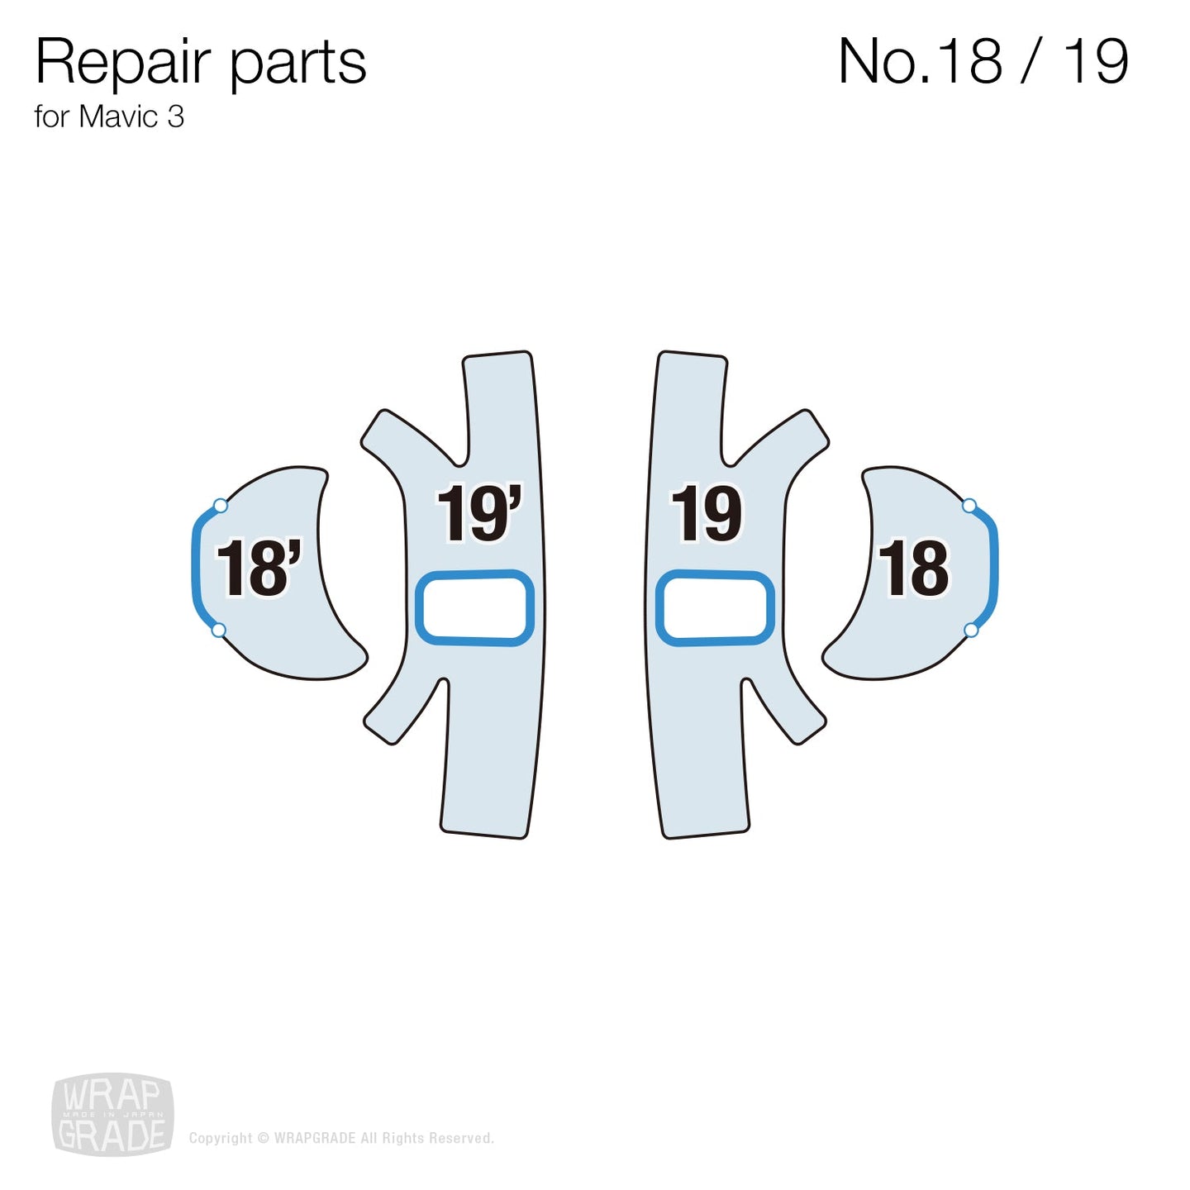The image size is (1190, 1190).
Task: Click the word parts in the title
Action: [x=297, y=64]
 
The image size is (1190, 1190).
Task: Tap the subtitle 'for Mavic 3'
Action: [x=108, y=117]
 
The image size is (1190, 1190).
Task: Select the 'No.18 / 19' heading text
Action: [x=983, y=61]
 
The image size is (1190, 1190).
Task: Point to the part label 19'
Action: [x=478, y=514]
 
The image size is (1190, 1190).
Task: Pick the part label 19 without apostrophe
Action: [x=706, y=514]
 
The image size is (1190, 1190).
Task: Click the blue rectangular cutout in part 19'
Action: [x=474, y=607]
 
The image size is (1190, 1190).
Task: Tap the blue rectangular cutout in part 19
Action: [x=715, y=607]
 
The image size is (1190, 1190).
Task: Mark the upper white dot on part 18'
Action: [x=220, y=506]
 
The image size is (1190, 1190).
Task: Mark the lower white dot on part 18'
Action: [x=219, y=631]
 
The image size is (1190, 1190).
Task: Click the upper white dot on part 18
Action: [x=969, y=506]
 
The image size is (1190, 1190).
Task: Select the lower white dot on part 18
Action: [x=971, y=631]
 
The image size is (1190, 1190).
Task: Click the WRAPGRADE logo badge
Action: [x=112, y=1115]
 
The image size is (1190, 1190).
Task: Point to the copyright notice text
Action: [x=341, y=1138]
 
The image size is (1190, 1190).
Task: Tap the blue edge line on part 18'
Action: [x=196, y=569]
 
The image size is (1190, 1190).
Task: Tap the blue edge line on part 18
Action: [x=994, y=569]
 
